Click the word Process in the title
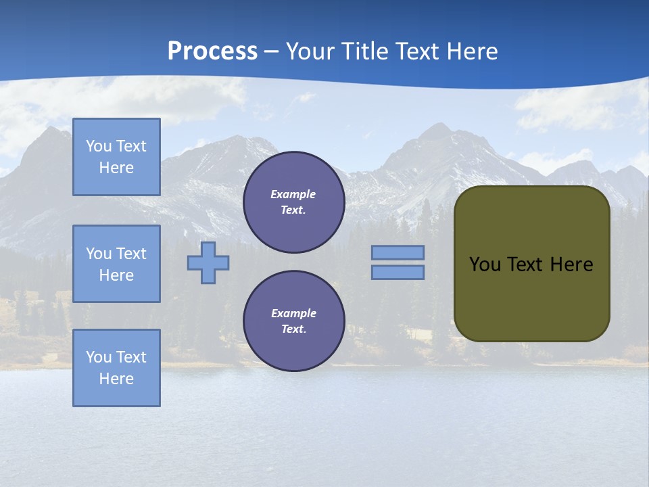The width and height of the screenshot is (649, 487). click(x=212, y=51)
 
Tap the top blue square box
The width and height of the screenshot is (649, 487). click(x=116, y=157)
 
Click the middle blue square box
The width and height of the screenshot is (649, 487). click(x=116, y=264)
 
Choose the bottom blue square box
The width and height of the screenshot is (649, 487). click(x=116, y=368)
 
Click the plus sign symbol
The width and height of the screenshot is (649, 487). click(x=208, y=262)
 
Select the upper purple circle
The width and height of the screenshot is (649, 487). click(x=293, y=202)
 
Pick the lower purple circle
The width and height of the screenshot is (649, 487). click(x=293, y=321)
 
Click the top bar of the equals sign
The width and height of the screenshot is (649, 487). click(x=398, y=252)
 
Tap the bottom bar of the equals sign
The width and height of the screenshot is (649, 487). click(x=398, y=272)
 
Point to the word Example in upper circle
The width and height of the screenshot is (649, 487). click(x=293, y=194)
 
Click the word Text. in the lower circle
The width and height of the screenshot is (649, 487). click(x=293, y=329)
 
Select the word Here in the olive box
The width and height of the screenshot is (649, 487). click(x=571, y=264)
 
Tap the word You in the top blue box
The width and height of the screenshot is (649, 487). click(x=99, y=146)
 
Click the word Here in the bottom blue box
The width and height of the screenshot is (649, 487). click(x=116, y=379)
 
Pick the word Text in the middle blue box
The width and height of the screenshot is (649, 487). click(x=132, y=254)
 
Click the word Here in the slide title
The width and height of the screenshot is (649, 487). click(x=470, y=51)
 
